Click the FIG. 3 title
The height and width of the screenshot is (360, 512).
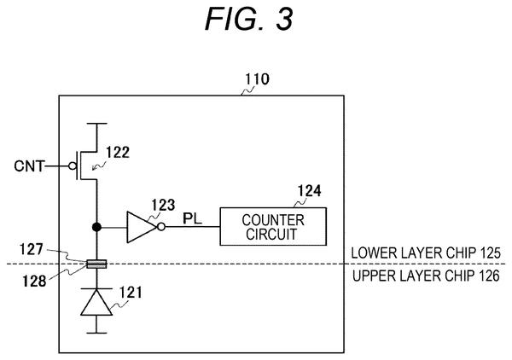pos(249,19)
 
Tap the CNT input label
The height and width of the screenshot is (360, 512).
pos(29,166)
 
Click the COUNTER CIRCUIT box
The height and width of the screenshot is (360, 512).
pos(273,227)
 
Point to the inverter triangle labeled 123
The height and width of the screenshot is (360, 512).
pos(142,227)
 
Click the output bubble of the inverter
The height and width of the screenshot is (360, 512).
pos(161,227)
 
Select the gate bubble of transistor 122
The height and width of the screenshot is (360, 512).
pos(73,166)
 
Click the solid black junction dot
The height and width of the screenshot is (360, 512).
pos(96,227)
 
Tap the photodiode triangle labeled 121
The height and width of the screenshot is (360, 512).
pos(96,302)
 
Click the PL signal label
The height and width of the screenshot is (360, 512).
pos(192,218)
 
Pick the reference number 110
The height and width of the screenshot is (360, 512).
pos(258,79)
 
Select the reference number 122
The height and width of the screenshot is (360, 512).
pos(118,153)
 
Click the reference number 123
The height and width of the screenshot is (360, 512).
pos(163,205)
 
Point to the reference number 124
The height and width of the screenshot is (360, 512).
pos(309,190)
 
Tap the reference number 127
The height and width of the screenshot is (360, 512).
pos(31,249)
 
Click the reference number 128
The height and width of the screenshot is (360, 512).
pos(34,281)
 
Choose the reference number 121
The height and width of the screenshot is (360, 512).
pos(131,293)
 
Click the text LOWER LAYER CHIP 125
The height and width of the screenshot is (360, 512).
pos(426,253)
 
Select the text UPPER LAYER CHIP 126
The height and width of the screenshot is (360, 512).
pos(426,276)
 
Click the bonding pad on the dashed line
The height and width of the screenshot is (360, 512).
pos(96,264)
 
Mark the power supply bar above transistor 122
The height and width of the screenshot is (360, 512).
pos(96,124)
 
